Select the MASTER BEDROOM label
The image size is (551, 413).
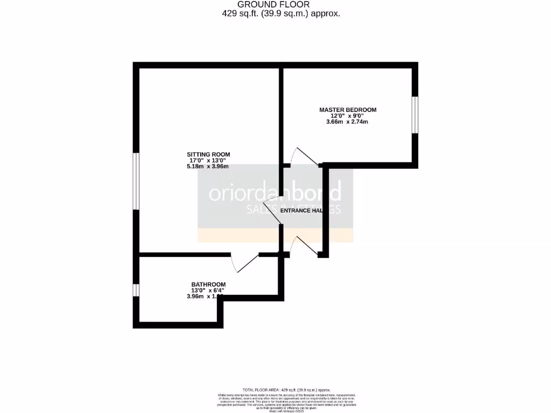pyautogui.click(x=348, y=110)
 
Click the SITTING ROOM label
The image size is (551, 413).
pyautogui.click(x=208, y=154)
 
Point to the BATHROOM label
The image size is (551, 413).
pyautogui.click(x=208, y=284)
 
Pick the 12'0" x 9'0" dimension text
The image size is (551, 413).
pyautogui.click(x=348, y=116)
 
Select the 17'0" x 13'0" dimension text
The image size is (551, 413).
pyautogui.click(x=208, y=160)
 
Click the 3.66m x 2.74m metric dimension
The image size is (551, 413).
pyautogui.click(x=348, y=122)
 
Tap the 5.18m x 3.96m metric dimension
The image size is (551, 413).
pyautogui.click(x=208, y=166)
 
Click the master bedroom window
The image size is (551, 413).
pyautogui.click(x=415, y=114)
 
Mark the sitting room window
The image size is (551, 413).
pyautogui.click(x=137, y=181)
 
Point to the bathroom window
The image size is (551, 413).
pyautogui.click(x=137, y=290)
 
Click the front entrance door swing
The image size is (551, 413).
pyautogui.click(x=304, y=245)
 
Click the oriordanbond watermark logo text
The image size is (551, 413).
pyautogui.click(x=275, y=193)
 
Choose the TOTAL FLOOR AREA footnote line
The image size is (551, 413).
pyautogui.click(x=286, y=390)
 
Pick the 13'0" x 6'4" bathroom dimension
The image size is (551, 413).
pyautogui.click(x=204, y=290)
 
